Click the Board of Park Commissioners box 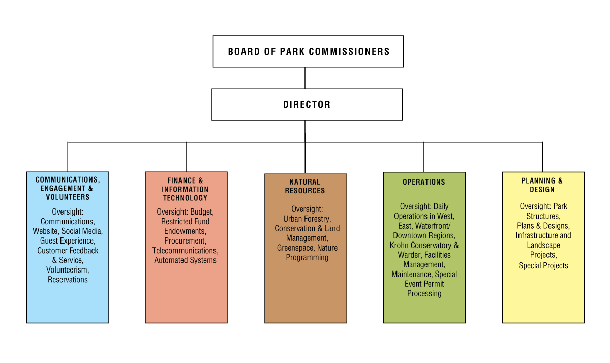pos(308,51)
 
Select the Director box pos(307,105)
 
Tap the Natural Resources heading pos(305,186)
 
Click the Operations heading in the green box pos(424,182)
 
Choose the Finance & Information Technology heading pos(186,189)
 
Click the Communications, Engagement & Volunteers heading pos(68,188)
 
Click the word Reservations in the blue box pos(68,280)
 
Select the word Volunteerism pos(67,270)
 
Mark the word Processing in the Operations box pos(424,293)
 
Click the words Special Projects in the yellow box pos(543,265)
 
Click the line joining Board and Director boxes pos(305,78)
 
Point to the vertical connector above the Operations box pos(424,157)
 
